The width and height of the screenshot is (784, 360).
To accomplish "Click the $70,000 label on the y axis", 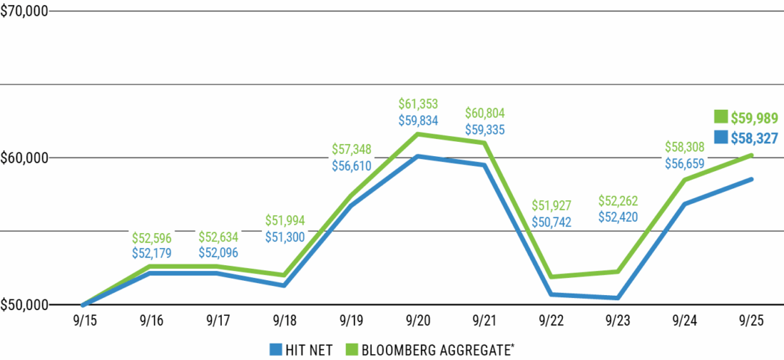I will pos(24,12).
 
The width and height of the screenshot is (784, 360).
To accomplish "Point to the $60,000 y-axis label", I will pos(24,158).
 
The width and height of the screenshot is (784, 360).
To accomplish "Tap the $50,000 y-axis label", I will pos(24,305).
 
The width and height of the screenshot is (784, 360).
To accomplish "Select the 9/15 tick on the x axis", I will pos(84,320).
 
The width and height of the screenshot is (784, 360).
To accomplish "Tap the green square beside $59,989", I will pos(721,117).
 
